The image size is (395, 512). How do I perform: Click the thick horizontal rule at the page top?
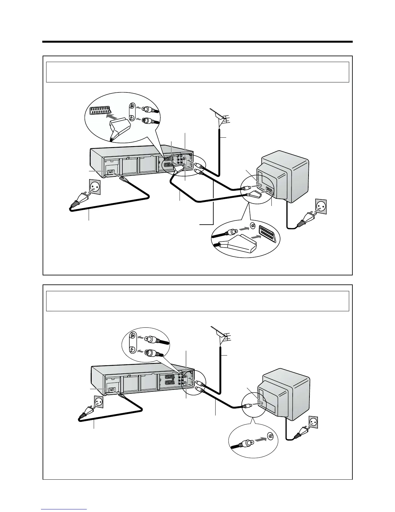[x=197, y=42]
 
